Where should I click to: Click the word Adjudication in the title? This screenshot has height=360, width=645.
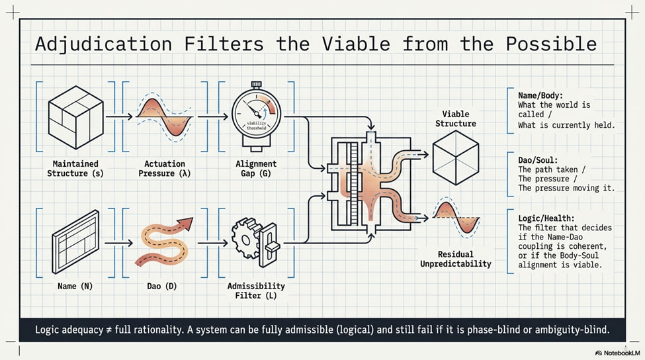coord(103,44)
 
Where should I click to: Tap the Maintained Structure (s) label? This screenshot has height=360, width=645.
coord(75,169)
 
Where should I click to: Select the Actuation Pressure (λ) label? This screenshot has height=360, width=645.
coord(165,169)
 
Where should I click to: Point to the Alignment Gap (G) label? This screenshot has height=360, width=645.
coord(256,169)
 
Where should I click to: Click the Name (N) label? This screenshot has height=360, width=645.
coord(75,286)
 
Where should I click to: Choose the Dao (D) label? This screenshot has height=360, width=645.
coord(161,286)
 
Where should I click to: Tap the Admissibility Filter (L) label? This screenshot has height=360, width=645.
coord(256,291)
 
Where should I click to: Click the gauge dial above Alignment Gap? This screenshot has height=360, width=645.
coord(256,114)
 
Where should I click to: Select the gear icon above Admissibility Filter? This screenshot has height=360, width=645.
coord(246,238)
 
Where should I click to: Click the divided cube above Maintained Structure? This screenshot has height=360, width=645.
coord(75,117)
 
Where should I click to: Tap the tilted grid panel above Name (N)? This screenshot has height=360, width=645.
coord(75,242)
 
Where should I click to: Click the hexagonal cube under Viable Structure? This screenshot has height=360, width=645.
coord(455,157)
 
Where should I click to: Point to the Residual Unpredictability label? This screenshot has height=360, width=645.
coord(455,259)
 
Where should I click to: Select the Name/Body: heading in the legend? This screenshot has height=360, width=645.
coord(540,95)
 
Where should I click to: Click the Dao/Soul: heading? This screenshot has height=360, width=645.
coord(538,160)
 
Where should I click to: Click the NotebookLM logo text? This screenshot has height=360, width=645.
coord(622,353)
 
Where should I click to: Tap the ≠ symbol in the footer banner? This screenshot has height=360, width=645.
coord(108,330)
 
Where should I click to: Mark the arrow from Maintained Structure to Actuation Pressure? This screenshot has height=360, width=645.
coord(119,117)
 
